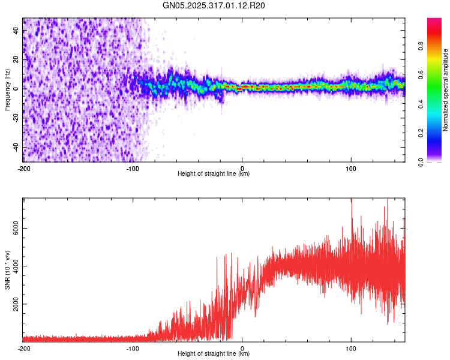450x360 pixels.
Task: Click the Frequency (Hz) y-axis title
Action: pyautogui.click(x=7, y=89)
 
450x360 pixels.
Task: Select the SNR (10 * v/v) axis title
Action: pyautogui.click(x=7, y=269)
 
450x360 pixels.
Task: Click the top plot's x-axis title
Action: pyautogui.click(x=214, y=173)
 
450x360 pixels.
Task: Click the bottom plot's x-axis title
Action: pyautogui.click(x=214, y=353)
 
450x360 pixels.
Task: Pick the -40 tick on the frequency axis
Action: pyautogui.click(x=16, y=148)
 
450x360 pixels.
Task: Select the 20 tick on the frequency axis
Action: pyautogui.click(x=16, y=60)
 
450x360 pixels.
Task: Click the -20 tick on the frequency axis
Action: pyautogui.click(x=16, y=118)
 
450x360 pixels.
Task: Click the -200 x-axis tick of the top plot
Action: pyautogui.click(x=24, y=167)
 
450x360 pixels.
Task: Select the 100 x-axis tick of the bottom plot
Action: pyautogui.click(x=352, y=347)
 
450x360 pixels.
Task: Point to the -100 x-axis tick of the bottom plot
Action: pyautogui.click(x=133, y=347)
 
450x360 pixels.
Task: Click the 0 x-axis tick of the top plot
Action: pyautogui.click(x=242, y=167)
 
